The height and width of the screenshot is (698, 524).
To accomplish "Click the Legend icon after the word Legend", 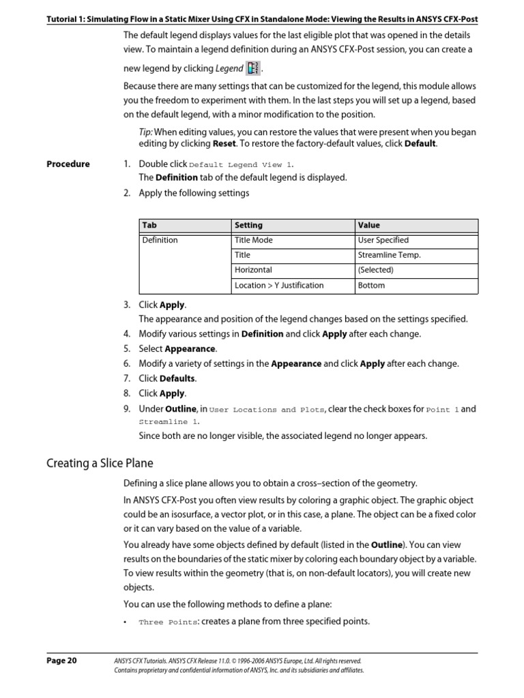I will [253, 68].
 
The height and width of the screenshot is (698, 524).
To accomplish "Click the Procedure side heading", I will [68, 164].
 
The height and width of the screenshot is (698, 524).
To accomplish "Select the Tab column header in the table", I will [149, 225].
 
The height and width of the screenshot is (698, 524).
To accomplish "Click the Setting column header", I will [248, 225].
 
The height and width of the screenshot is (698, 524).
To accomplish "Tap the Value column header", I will [368, 225].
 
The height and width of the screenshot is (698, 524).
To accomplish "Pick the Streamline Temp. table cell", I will [389, 255].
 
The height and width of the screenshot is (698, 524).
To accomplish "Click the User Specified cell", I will [383, 240].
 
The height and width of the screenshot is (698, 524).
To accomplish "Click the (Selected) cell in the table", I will [375, 270].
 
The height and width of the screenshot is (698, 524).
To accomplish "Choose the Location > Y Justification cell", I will [279, 286].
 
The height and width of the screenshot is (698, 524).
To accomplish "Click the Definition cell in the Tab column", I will [160, 240].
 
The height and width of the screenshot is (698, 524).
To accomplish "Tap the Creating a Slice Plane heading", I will [100, 464].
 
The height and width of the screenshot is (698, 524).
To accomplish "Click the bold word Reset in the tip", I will [224, 145].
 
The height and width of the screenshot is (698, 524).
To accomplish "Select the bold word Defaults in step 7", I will [177, 378].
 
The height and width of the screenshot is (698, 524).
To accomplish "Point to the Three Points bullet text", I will [169, 622].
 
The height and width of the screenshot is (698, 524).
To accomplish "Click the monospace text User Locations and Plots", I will [267, 410].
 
